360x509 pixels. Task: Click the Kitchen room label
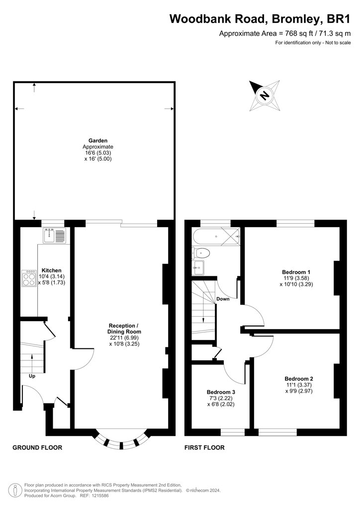[51, 270]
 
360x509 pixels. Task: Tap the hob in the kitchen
[29, 278]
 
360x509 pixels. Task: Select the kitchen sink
[55, 235]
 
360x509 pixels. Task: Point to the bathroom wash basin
[198, 267]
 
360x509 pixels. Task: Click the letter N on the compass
[265, 95]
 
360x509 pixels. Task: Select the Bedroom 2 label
[299, 378]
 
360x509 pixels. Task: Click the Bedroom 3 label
[221, 392]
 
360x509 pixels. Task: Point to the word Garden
[98, 141]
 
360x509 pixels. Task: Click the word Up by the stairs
[32, 376]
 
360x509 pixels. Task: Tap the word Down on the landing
[223, 299]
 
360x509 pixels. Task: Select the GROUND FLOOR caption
[37, 448]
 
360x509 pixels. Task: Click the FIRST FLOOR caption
[204, 448]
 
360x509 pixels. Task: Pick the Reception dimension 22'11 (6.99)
[124, 338]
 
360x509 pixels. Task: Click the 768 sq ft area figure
[297, 33]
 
